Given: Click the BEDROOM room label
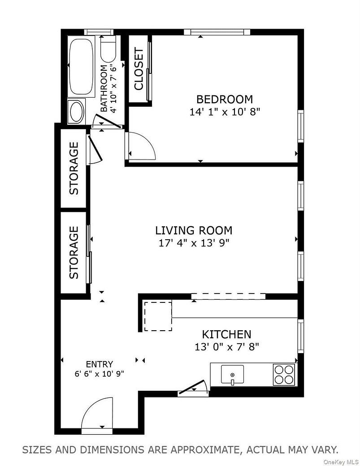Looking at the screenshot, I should tap(225, 99).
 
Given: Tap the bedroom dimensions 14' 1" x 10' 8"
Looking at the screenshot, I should tap(225, 112).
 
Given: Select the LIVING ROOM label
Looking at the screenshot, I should tap(194, 231).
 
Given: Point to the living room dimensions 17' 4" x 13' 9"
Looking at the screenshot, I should tap(194, 243).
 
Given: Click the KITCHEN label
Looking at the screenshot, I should tap(226, 334).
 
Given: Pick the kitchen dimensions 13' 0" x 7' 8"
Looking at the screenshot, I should tap(226, 346).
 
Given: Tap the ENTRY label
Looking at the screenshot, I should tap(100, 364).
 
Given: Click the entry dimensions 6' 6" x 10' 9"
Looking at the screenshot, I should tap(100, 373).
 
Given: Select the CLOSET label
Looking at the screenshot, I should tap(139, 69).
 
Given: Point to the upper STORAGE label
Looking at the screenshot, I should tap(74, 168).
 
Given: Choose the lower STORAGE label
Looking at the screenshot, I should tap(74, 252).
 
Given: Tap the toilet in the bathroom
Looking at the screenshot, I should tap(108, 50).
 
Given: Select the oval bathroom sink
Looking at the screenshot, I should tap(76, 112).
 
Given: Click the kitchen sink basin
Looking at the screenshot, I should tap(232, 374).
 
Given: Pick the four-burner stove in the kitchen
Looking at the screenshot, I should tap(284, 375).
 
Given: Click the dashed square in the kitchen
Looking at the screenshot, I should tap(158, 316).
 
